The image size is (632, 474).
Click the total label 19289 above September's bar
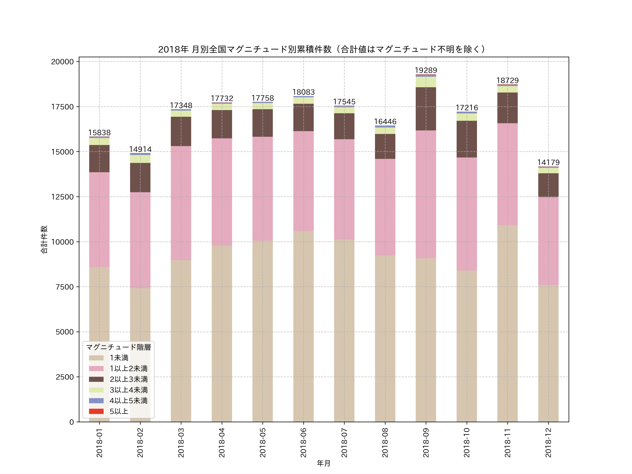click(x=426, y=70)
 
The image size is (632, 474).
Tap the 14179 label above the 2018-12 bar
click(x=548, y=163)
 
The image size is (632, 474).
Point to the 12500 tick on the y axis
click(x=62, y=197)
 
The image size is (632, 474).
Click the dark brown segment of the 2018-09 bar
click(x=426, y=109)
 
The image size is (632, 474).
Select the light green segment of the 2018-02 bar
click(x=140, y=159)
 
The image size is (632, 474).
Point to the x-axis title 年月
click(x=323, y=463)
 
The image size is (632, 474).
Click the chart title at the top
click(x=323, y=49)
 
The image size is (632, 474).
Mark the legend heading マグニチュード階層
click(x=118, y=347)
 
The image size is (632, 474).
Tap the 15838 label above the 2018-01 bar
click(x=99, y=133)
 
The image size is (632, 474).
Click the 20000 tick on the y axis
click(x=62, y=62)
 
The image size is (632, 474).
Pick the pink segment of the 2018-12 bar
click(x=548, y=241)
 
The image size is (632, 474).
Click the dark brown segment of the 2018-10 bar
click(x=467, y=139)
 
